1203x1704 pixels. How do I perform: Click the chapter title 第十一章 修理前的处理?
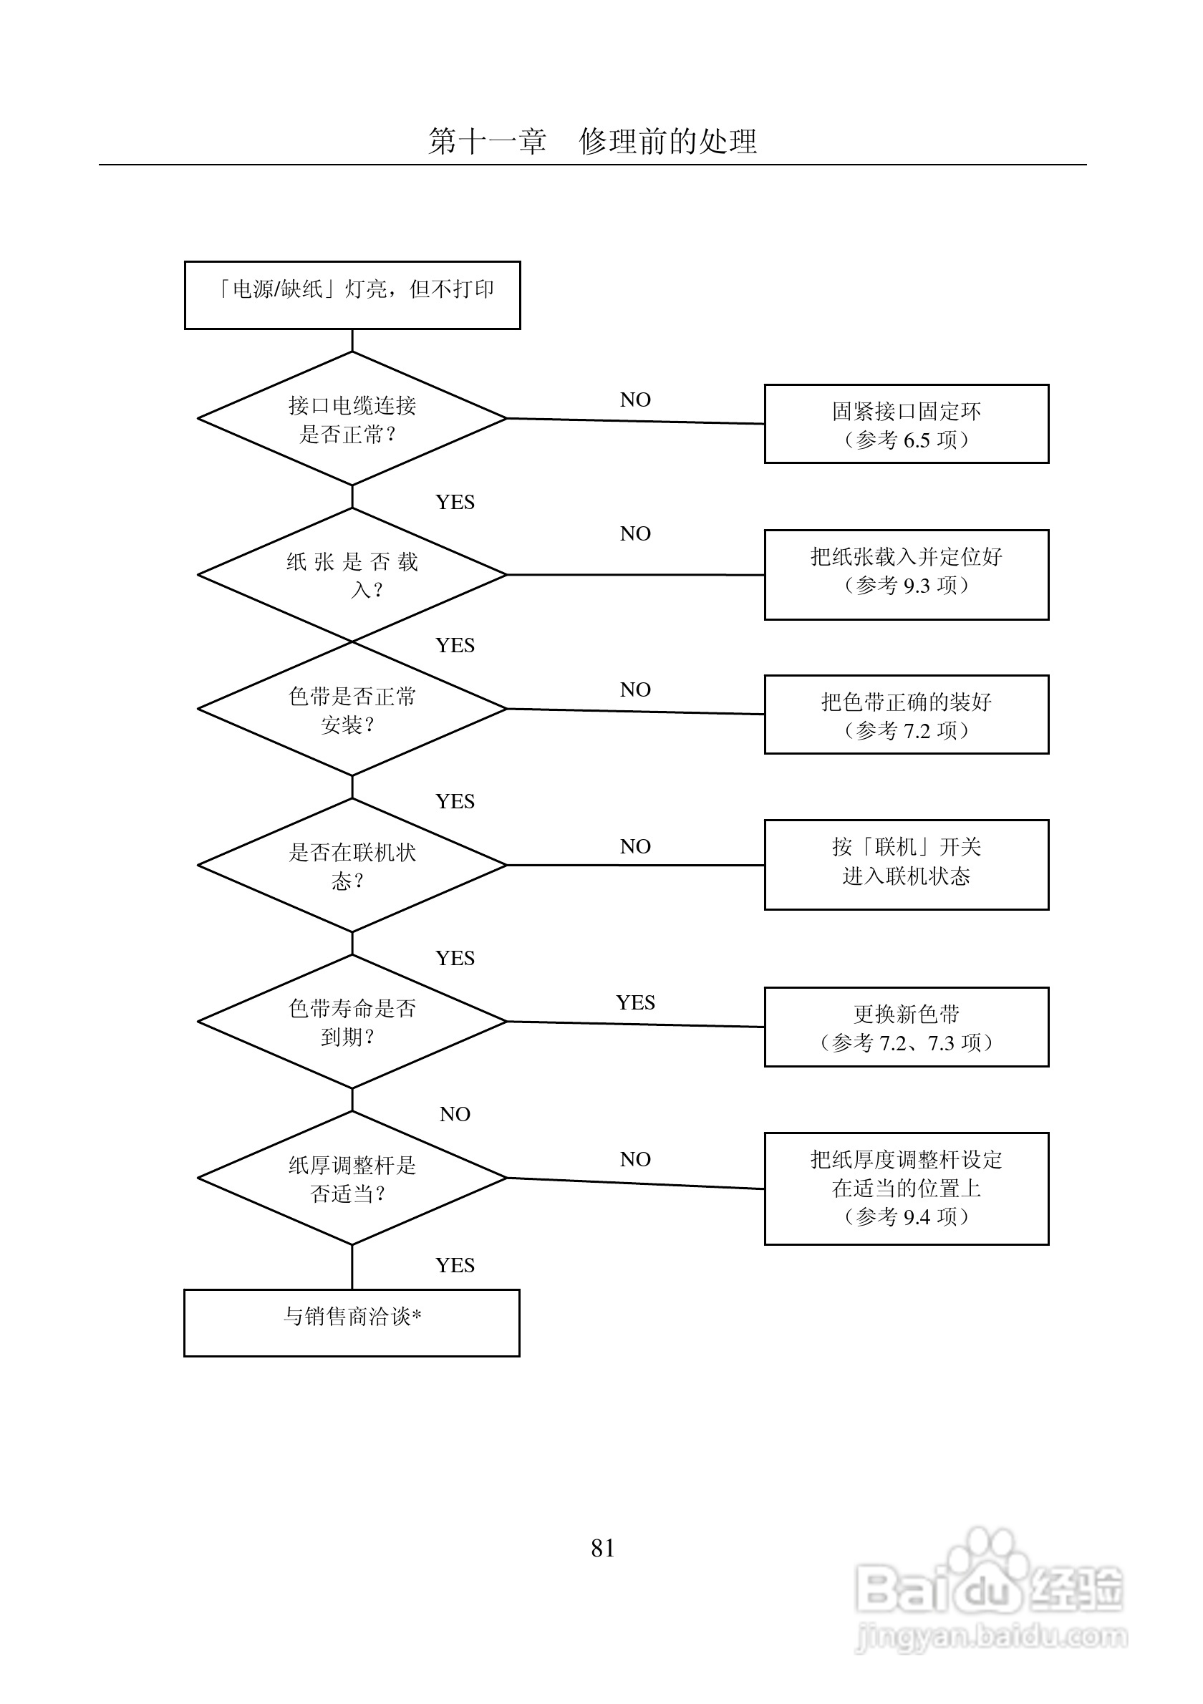tap(592, 141)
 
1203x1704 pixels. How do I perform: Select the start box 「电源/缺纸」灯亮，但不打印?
tap(352, 296)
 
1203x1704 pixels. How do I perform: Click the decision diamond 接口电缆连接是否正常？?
tap(352, 419)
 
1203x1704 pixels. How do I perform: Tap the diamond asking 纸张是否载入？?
tap(352, 574)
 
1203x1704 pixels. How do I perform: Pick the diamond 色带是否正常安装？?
tap(352, 709)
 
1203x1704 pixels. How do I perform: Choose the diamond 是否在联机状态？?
tap(352, 865)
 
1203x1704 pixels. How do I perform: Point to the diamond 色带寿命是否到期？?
tap(352, 1021)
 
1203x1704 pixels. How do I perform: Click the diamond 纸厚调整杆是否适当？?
tap(352, 1178)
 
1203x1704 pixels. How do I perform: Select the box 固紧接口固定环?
tap(907, 424)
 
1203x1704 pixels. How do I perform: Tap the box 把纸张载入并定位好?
tap(907, 574)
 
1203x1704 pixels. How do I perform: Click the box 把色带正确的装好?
tap(907, 715)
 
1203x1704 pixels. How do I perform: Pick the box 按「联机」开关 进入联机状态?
tap(907, 865)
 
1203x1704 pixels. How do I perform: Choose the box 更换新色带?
tap(907, 1027)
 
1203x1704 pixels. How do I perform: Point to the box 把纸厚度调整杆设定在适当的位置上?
tap(907, 1189)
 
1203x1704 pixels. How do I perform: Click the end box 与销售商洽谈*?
tap(352, 1323)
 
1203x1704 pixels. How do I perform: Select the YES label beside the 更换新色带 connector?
tap(635, 1002)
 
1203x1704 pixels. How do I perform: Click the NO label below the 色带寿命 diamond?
tap(455, 1114)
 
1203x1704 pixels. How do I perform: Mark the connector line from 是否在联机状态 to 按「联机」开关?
tap(636, 865)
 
